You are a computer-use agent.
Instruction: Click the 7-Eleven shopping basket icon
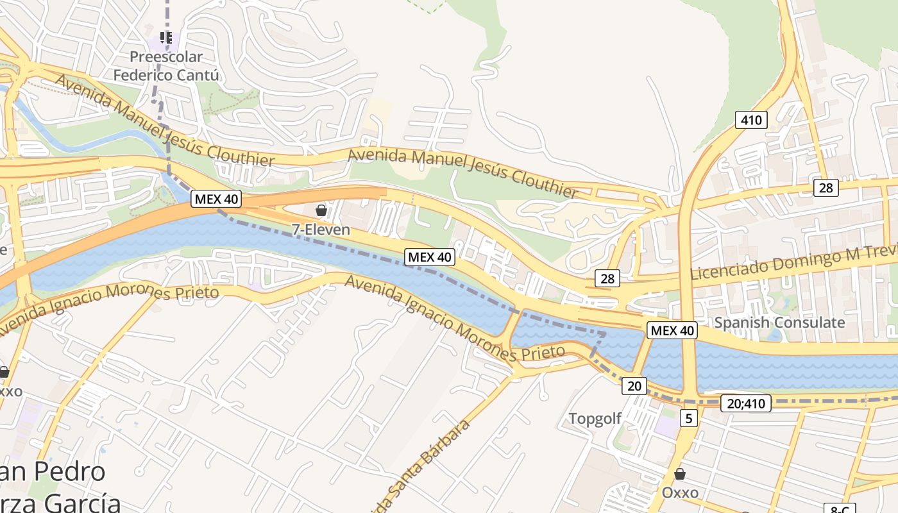pos(321,210)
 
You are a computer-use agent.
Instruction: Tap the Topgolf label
pos(595,419)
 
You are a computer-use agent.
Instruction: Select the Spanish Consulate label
pos(779,322)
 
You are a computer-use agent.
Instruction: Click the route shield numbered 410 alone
pos(751,119)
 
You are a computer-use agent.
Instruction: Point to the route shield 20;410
pos(745,403)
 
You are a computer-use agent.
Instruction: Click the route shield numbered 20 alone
pos(634,385)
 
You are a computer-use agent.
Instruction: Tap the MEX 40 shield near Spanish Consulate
pos(672,330)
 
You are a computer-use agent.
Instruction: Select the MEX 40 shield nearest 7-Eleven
pos(216,199)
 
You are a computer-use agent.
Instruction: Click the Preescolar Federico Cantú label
pos(166,66)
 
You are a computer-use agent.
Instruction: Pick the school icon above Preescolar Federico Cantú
pos(166,38)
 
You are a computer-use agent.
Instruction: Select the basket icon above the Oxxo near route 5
pos(680,475)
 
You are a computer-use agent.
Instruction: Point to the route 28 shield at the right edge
pos(826,187)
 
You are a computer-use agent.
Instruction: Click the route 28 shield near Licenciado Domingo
pos(607,278)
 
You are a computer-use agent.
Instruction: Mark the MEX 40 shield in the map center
pos(430,257)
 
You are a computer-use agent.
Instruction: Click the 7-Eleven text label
pos(321,230)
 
